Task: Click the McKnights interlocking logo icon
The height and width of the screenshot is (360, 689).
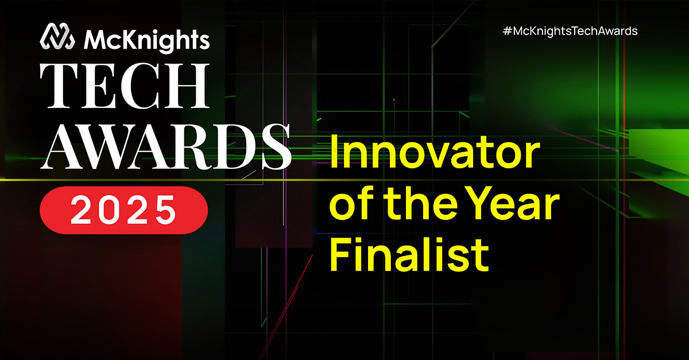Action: point(57,36)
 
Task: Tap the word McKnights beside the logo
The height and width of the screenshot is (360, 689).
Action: point(147,40)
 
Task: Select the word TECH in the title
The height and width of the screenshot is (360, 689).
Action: point(125,86)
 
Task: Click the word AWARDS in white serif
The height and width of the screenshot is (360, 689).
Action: point(165,147)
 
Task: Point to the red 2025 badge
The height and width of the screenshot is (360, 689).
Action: point(124,210)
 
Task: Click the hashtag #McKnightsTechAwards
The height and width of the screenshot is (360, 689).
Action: point(570,32)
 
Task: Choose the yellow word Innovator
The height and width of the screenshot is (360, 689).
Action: point(435,152)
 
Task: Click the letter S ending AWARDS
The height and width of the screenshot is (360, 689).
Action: point(276,147)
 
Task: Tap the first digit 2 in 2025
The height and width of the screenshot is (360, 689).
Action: point(80,210)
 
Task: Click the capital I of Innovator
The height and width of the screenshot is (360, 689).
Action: point(334,152)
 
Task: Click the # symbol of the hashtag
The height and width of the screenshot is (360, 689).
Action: point(508,32)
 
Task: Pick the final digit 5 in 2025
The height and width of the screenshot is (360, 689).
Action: point(166,211)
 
